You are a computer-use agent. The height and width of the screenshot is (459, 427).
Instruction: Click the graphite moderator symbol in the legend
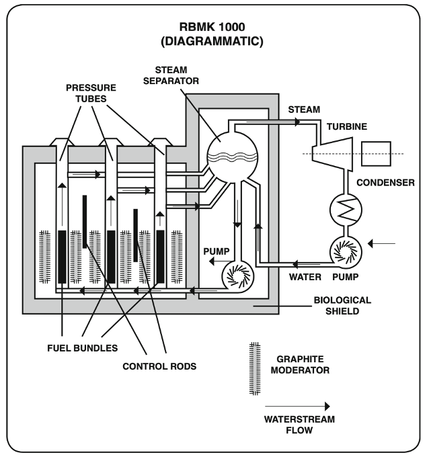point(254,370)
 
